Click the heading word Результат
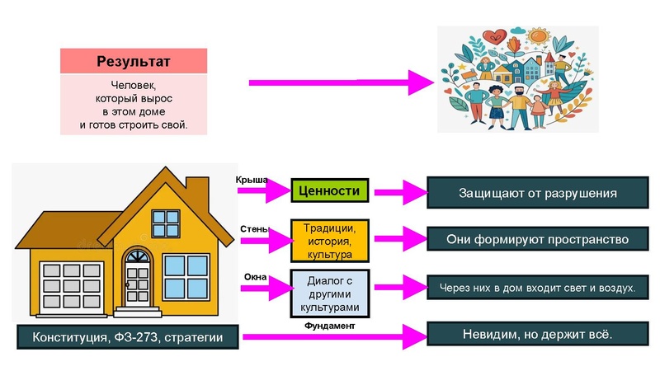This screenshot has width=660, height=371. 134,61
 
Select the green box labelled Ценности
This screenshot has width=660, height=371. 329,190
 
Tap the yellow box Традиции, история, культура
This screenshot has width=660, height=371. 329,241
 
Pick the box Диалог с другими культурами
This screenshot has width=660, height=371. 329,294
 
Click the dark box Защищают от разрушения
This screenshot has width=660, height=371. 538,193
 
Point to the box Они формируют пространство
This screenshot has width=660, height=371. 538,239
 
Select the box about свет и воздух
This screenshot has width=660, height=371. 538,288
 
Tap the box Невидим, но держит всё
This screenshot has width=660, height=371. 538,334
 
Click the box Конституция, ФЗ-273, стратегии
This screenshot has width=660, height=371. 128,337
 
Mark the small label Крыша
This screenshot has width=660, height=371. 252,180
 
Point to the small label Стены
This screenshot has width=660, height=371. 254,229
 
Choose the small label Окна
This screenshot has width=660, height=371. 255,277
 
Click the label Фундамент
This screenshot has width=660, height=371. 329,326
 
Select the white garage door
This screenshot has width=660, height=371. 72,288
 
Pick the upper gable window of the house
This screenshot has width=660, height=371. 166,223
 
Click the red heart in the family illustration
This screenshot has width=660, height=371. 495,36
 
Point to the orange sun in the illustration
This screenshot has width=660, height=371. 539,35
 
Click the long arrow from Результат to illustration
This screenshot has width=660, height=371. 342,82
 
